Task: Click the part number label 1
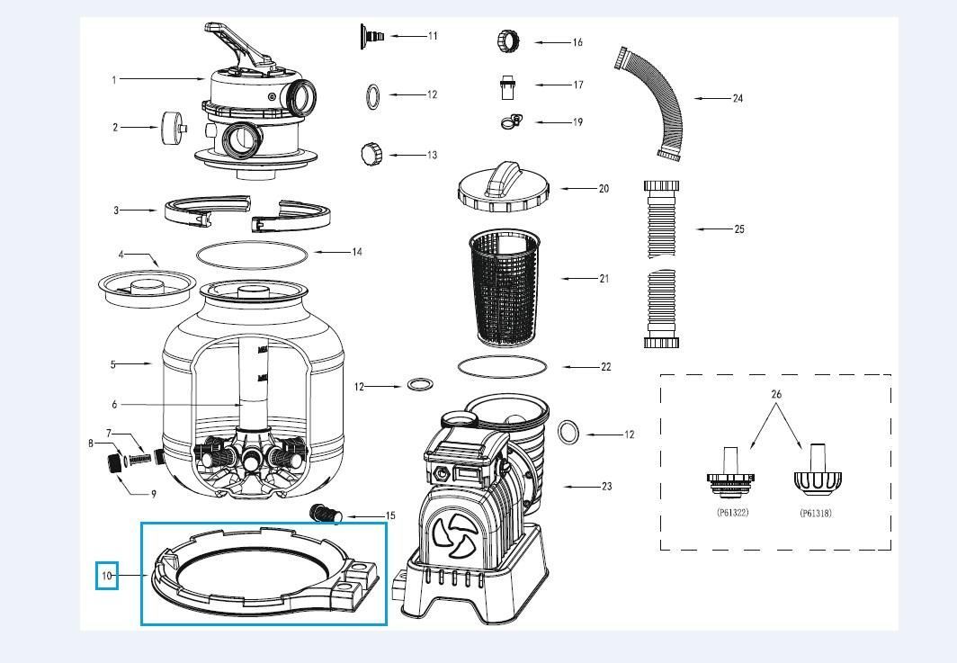click(114, 80)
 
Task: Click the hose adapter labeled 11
click(372, 36)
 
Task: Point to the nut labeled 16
click(506, 40)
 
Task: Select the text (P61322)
click(732, 513)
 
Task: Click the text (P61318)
click(815, 514)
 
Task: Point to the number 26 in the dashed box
click(777, 394)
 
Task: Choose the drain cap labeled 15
click(326, 515)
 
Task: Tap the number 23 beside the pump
click(606, 487)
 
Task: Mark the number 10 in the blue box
click(107, 576)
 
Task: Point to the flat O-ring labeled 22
click(502, 366)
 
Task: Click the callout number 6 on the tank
click(114, 405)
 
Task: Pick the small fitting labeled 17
click(506, 86)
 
